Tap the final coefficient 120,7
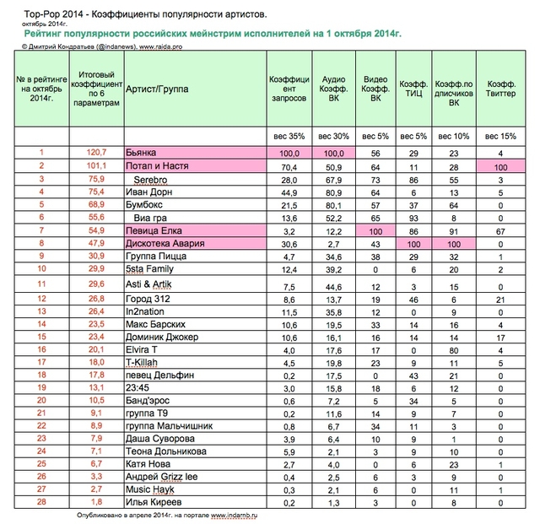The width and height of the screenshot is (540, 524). point(95,152)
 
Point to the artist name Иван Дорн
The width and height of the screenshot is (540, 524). point(150,192)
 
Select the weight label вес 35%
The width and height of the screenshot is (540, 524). point(286,135)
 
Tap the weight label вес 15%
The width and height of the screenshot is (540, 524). point(501,135)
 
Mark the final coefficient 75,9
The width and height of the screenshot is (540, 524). point(95,180)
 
